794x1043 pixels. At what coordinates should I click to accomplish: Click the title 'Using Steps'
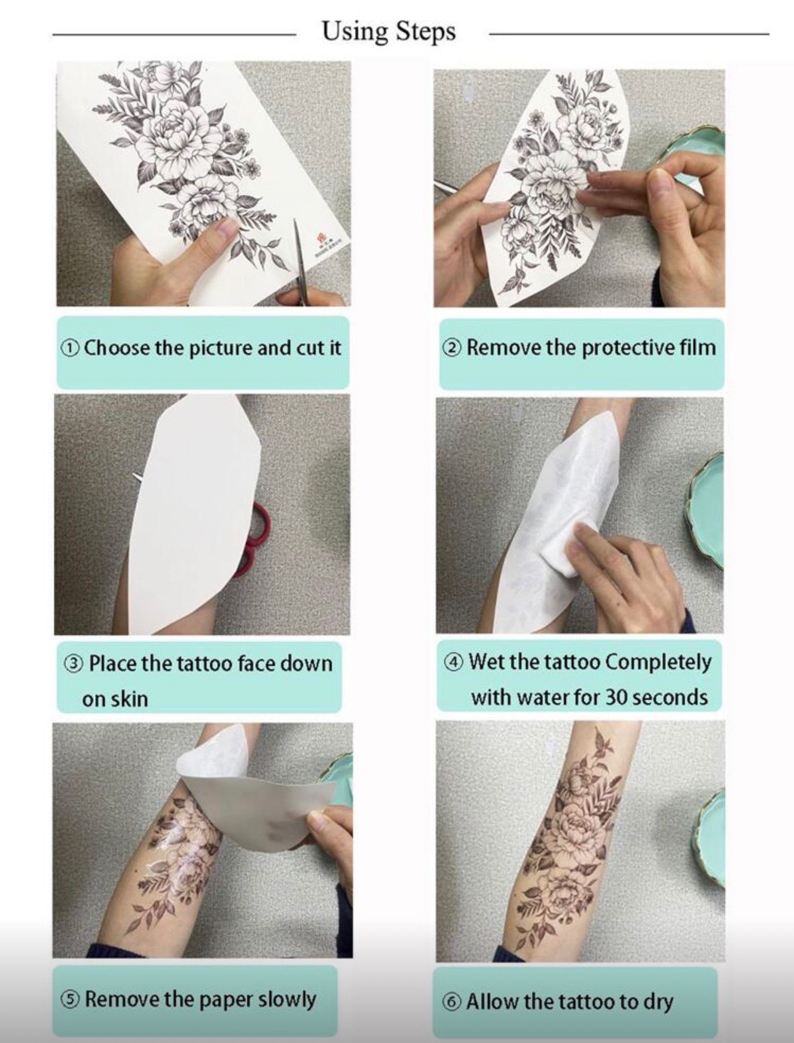coord(389,32)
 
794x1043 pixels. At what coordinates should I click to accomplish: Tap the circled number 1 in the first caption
coord(69,348)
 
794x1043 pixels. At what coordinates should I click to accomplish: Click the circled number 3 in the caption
coord(74,664)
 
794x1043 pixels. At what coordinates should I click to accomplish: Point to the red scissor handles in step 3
coord(254,538)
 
